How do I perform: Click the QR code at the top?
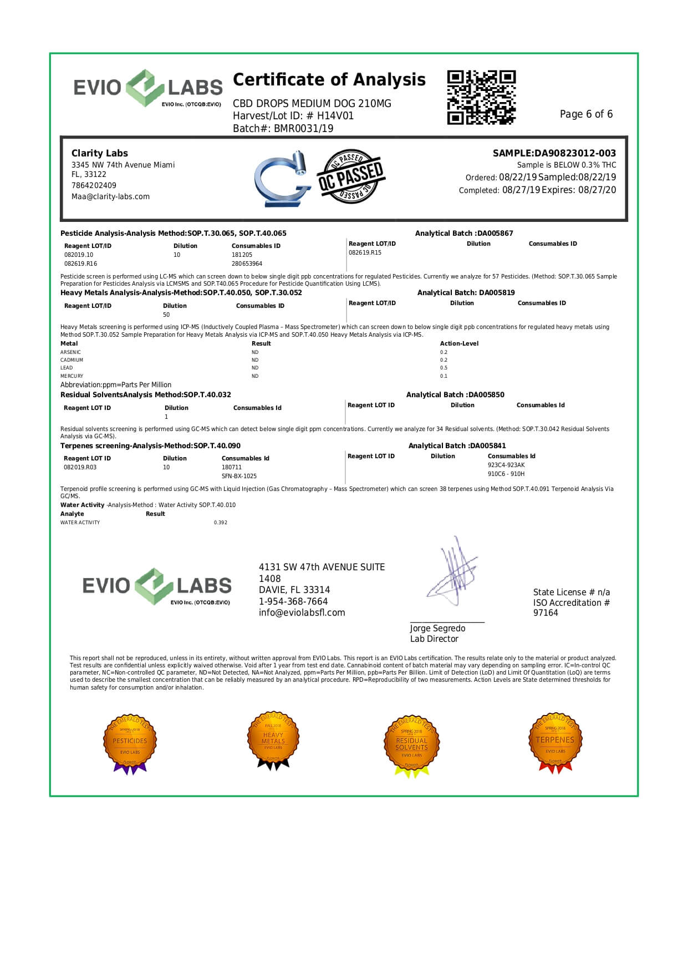tap(481, 97)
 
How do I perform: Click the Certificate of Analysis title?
tap(329, 80)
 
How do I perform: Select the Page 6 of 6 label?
tap(586, 114)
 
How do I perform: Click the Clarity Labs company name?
tap(99, 153)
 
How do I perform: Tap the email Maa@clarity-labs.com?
tap(110, 196)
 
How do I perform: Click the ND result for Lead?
tap(255, 368)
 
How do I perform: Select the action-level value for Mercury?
tap(444, 376)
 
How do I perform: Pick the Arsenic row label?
tap(70, 352)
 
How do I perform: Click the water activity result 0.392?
tap(221, 523)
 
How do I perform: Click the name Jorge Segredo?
tap(437, 629)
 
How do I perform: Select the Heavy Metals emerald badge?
tap(273, 741)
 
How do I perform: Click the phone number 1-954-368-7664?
tap(293, 601)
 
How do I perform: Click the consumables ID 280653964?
tap(247, 264)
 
